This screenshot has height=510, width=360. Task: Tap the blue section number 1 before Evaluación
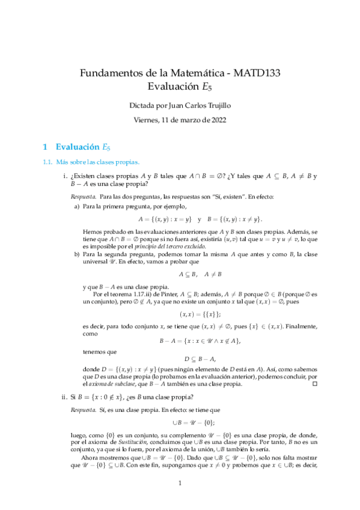[x=43, y=146]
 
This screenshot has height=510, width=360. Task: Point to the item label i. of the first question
[x=65, y=176]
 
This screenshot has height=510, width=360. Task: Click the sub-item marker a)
[x=77, y=206]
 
